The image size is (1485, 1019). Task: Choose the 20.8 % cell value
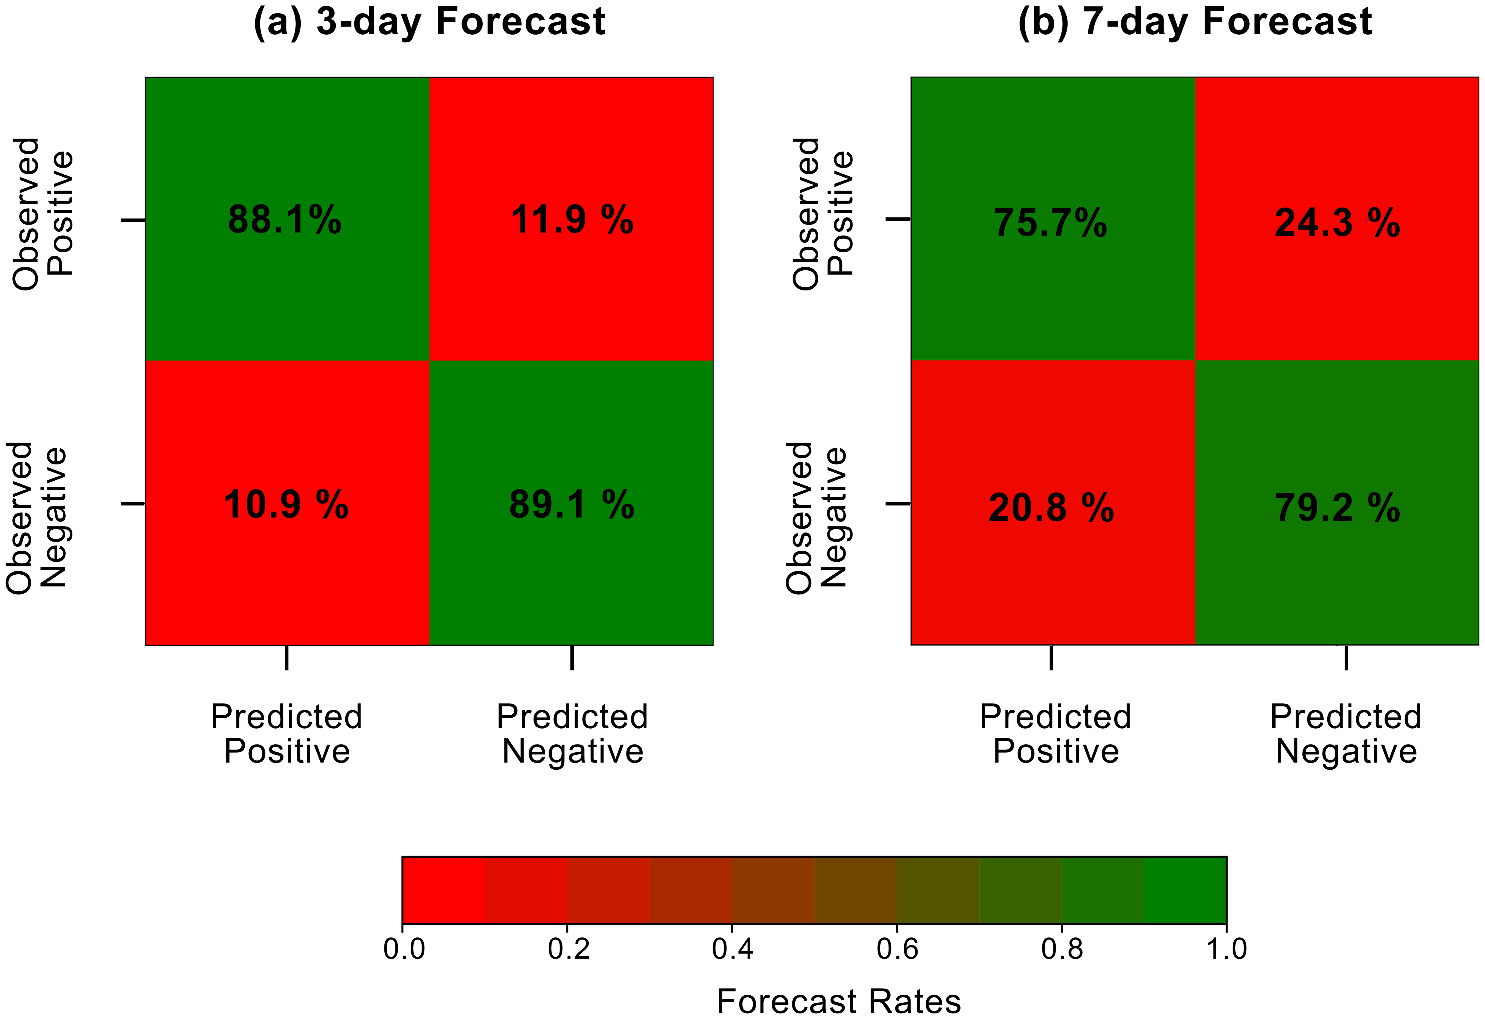(1051, 508)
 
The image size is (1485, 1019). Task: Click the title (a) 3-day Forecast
(430, 22)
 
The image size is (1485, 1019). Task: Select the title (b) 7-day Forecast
(1195, 22)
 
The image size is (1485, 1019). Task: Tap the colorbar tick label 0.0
(404, 949)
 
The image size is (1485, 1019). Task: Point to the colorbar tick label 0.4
(733, 949)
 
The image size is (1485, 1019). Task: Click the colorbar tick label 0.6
(897, 949)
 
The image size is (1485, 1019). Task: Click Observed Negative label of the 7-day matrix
(816, 518)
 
